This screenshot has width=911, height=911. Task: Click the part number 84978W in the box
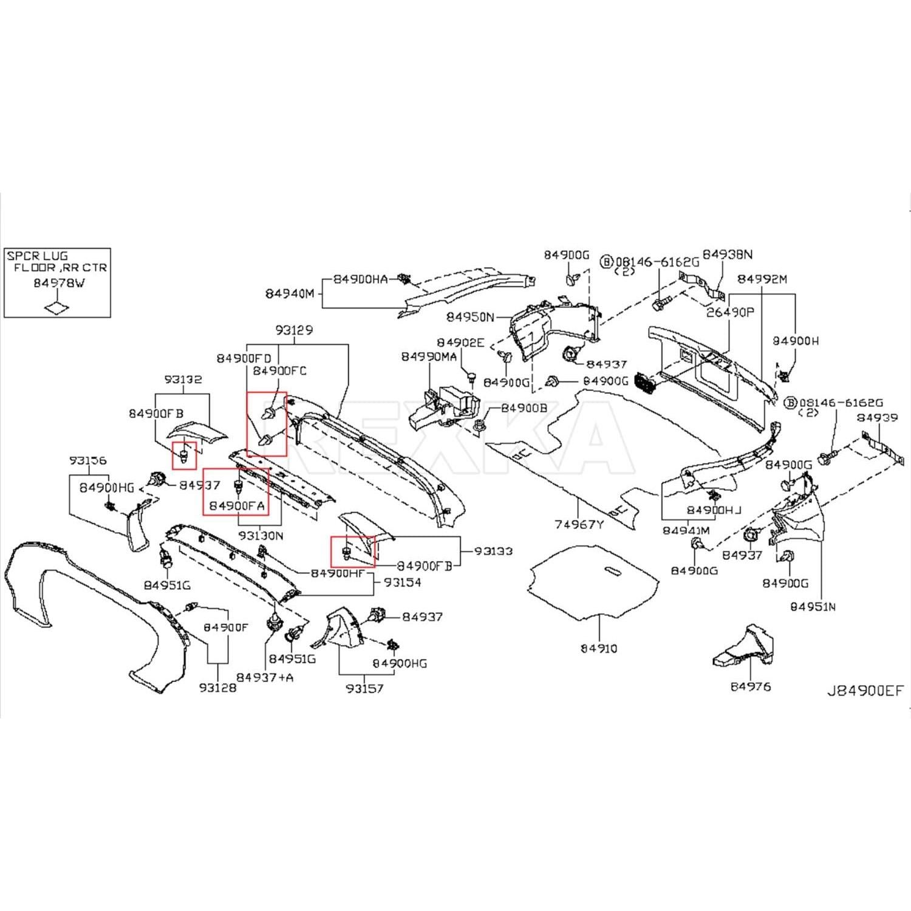pyautogui.click(x=59, y=283)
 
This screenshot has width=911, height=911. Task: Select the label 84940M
pyautogui.click(x=289, y=294)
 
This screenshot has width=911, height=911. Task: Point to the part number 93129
pyautogui.click(x=294, y=330)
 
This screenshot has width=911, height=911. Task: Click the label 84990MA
pyautogui.click(x=429, y=357)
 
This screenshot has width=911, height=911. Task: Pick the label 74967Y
pyautogui.click(x=579, y=524)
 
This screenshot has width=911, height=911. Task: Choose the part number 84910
pyautogui.click(x=599, y=648)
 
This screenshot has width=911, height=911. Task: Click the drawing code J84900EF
pyautogui.click(x=865, y=691)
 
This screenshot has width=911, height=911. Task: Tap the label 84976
pyautogui.click(x=751, y=686)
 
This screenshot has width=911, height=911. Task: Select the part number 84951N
pyautogui.click(x=813, y=606)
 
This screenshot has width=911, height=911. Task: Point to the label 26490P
pyautogui.click(x=729, y=312)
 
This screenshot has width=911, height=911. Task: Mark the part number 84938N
pyautogui.click(x=728, y=254)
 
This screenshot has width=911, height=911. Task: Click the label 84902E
pyautogui.click(x=460, y=343)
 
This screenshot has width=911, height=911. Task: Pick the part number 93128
pyautogui.click(x=217, y=688)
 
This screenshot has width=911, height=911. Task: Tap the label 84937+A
pyautogui.click(x=265, y=677)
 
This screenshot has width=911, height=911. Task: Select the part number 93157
pyautogui.click(x=364, y=688)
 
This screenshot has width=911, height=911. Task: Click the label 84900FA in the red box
pyautogui.click(x=237, y=505)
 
